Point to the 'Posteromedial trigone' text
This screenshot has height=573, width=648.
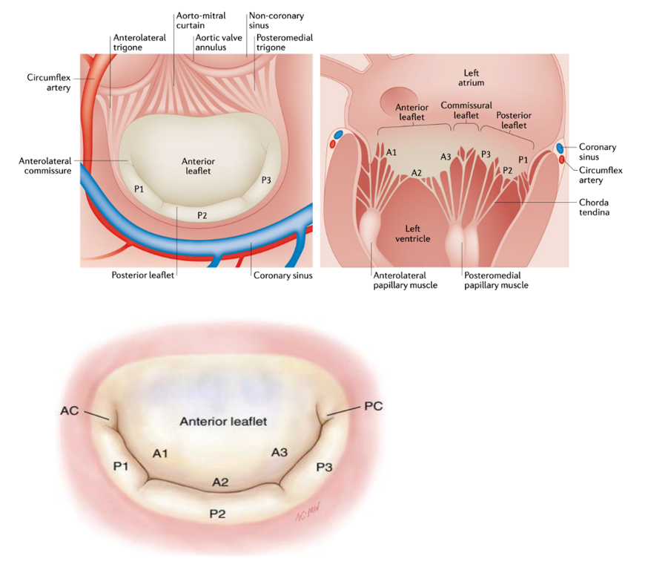[x=283, y=42]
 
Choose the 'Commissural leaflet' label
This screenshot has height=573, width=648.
[x=466, y=111]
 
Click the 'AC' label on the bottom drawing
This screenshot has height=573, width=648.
[x=70, y=410]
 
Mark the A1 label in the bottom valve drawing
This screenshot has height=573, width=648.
[x=159, y=451]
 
